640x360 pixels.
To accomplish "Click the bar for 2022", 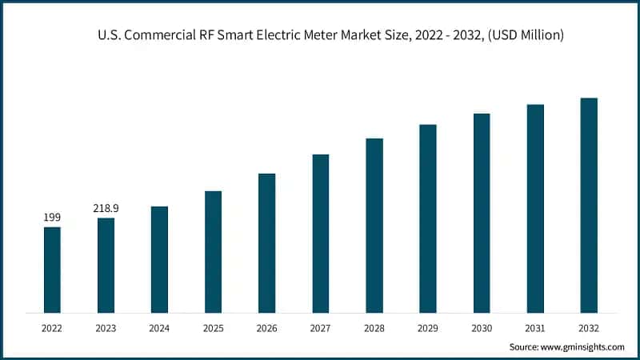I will (52, 270).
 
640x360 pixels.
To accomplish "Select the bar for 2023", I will (106, 265).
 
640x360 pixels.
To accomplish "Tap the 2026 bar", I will (266, 242).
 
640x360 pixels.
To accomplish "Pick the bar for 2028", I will (374, 225).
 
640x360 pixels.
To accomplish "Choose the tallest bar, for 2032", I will (589, 205).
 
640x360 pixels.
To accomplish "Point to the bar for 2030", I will (482, 213).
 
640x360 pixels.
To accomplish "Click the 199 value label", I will (52, 217).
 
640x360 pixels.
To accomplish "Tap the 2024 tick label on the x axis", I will (159, 328).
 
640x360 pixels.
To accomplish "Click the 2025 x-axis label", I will (213, 328).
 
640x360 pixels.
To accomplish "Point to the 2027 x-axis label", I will (320, 328).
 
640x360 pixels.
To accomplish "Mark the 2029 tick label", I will (428, 328).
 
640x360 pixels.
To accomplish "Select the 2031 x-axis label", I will (535, 328).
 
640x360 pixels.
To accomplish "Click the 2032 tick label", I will (589, 328).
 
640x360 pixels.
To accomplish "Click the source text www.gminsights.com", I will (583, 347).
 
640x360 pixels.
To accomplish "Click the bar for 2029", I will (428, 218).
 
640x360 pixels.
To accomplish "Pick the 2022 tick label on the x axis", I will (52, 328).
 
